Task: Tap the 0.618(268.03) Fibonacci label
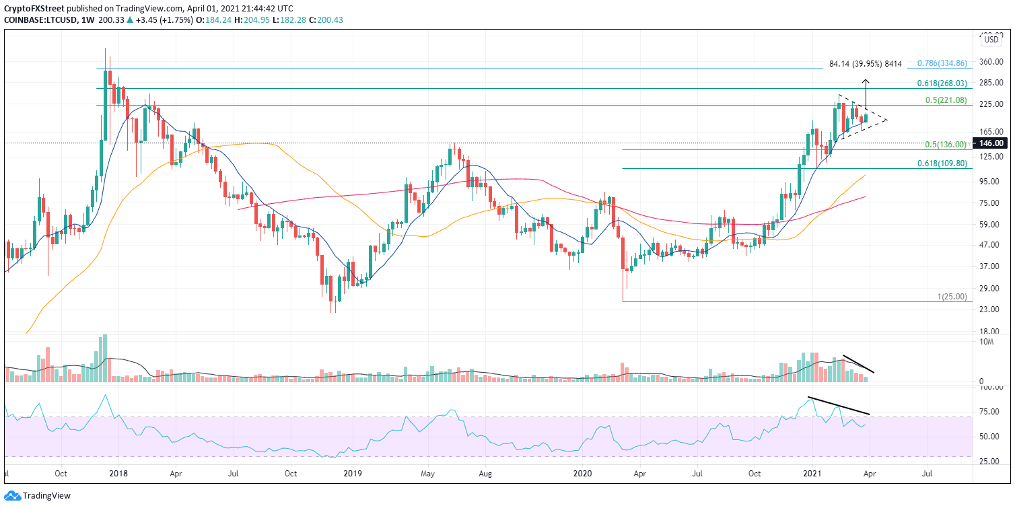pyautogui.click(x=942, y=83)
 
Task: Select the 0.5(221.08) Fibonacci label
pyautogui.click(x=946, y=100)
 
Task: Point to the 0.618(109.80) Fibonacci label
pyautogui.click(x=942, y=164)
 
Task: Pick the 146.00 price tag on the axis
pyautogui.click(x=992, y=143)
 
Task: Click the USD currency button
pyautogui.click(x=991, y=40)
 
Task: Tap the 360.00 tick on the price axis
pyautogui.click(x=991, y=62)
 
